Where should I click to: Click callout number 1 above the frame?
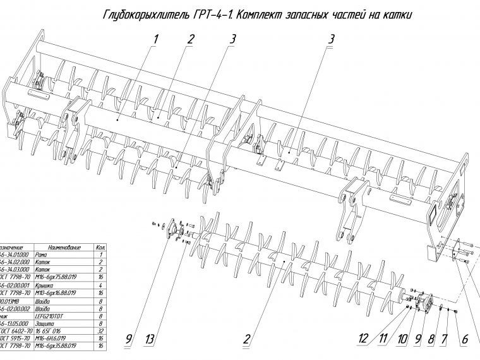pos(156,39)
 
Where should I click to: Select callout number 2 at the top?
pos(190,39)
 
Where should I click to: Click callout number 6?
pos(464,340)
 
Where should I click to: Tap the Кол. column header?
pos(100,247)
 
